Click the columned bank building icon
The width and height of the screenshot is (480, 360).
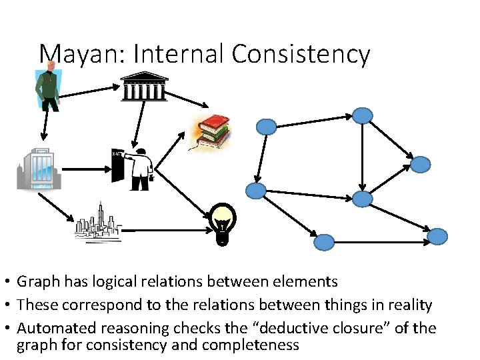(144, 86)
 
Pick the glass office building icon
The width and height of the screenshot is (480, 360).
(39, 169)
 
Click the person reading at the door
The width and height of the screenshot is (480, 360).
(136, 167)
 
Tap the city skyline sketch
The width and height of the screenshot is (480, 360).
(97, 221)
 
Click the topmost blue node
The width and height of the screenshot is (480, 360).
(362, 115)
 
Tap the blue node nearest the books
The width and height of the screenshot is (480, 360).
(267, 125)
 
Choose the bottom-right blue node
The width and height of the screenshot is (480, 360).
(437, 236)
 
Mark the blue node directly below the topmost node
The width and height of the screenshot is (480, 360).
(362, 198)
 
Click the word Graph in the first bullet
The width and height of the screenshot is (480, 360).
(37, 282)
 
